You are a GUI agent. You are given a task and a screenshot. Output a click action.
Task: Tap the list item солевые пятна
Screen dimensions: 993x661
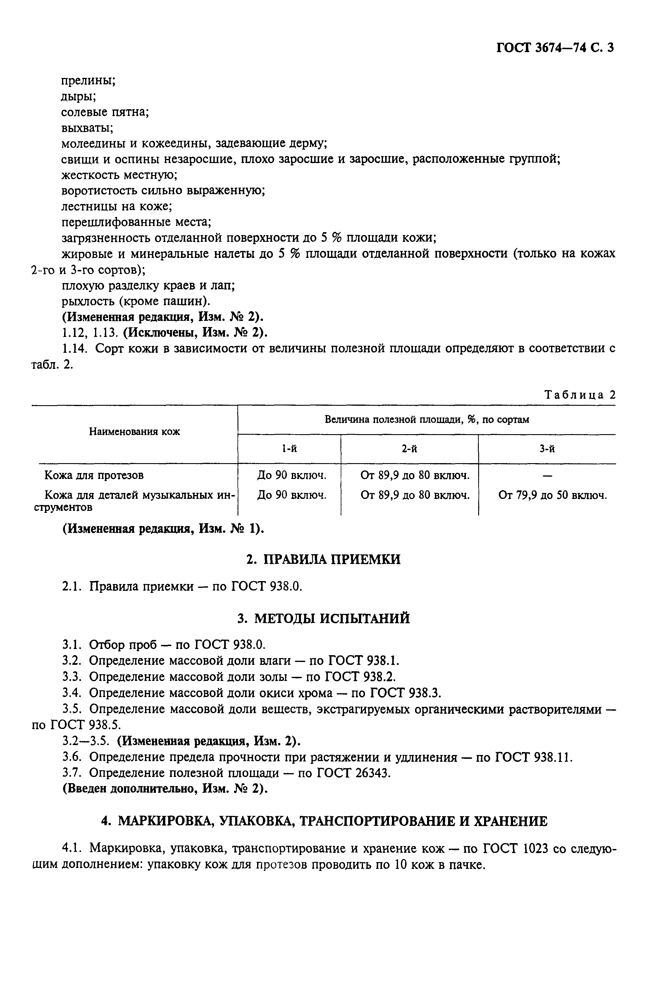(x=105, y=112)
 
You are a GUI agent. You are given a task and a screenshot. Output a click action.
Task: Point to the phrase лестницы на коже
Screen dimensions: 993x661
(x=116, y=206)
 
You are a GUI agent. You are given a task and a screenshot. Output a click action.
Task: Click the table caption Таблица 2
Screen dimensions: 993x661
(x=580, y=395)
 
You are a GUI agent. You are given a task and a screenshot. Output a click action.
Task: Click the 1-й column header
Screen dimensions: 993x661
(x=289, y=449)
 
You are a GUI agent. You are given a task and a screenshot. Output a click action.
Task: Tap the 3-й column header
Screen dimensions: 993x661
(x=547, y=449)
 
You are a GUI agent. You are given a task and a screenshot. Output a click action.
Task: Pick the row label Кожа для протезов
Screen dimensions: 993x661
(x=94, y=475)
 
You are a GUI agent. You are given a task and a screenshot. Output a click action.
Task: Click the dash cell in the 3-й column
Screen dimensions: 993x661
(x=547, y=476)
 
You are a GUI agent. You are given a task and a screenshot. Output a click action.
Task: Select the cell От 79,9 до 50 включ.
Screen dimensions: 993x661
(x=552, y=495)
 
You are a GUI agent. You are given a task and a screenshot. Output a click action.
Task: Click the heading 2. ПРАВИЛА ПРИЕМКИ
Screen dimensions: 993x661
(x=323, y=559)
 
